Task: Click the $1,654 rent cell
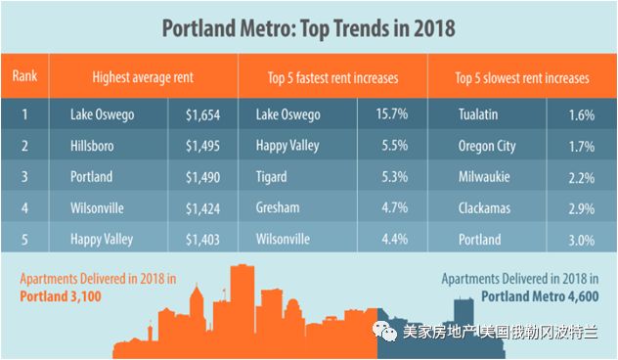[202, 114]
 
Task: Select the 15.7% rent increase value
[392, 113]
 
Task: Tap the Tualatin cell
[478, 114]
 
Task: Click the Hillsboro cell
[92, 146]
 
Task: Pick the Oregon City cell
[487, 147]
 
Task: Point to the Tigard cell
[271, 177]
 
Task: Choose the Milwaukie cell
[484, 177]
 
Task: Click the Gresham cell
[278, 207]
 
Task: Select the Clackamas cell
[484, 208]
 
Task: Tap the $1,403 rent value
[202, 240]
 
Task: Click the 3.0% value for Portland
[582, 240]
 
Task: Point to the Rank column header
[24, 75]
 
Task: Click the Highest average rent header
[143, 77]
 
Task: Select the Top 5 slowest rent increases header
[522, 78]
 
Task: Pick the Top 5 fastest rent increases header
[333, 78]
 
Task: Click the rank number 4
[24, 207]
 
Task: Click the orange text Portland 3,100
[61, 296]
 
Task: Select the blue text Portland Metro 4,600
[540, 296]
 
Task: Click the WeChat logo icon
[384, 332]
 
